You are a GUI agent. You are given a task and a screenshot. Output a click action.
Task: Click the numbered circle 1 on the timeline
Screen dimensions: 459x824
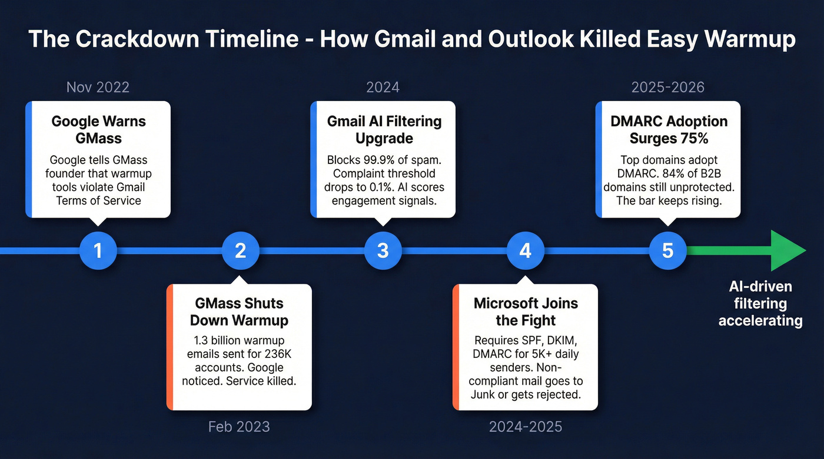click(x=98, y=250)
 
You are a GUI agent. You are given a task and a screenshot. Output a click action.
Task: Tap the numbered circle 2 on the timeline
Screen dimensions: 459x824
click(x=240, y=250)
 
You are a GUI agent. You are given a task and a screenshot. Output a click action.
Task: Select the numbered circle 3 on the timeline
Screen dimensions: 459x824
click(x=383, y=250)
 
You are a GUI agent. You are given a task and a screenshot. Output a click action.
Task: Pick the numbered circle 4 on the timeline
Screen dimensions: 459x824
click(x=525, y=250)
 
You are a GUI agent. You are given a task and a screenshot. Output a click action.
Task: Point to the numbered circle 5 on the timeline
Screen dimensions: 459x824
click(x=667, y=250)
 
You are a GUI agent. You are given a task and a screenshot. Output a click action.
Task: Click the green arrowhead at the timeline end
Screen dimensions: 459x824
click(x=786, y=250)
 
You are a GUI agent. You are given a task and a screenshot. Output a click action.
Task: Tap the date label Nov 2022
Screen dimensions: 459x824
click(x=98, y=88)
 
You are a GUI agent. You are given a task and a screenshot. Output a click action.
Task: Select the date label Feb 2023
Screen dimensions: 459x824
click(x=239, y=426)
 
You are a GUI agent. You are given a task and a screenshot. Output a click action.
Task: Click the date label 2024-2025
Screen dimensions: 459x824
click(x=525, y=426)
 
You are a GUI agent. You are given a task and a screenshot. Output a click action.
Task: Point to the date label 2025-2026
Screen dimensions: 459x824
click(x=667, y=88)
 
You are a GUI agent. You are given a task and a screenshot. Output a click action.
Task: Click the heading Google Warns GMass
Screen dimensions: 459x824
click(x=98, y=130)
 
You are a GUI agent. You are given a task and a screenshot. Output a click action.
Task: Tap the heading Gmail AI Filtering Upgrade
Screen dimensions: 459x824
click(x=384, y=130)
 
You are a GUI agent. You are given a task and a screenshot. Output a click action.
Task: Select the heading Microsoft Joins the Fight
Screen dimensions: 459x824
click(x=526, y=312)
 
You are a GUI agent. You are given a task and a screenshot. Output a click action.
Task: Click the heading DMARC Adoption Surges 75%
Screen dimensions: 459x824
click(x=670, y=130)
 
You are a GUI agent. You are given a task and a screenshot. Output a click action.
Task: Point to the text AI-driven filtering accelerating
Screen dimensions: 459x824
click(x=760, y=304)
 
